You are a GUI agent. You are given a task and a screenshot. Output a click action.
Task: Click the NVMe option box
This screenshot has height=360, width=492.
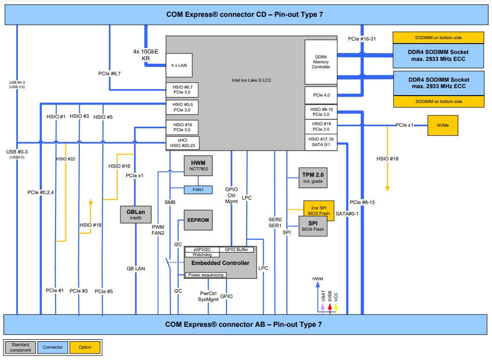[x=442, y=125]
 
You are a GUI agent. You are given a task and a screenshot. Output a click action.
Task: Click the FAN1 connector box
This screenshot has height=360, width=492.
[x=198, y=189]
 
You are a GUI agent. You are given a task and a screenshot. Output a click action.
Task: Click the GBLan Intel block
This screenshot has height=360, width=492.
[x=134, y=214]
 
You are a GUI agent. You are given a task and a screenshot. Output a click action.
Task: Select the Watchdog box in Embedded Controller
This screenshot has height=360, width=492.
[x=202, y=255]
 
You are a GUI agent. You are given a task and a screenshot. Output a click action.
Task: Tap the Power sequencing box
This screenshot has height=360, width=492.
[x=206, y=275]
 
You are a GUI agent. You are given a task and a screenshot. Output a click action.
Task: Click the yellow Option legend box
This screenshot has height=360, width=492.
[x=86, y=347]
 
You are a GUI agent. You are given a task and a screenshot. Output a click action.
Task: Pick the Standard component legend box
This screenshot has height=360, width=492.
[x=20, y=347]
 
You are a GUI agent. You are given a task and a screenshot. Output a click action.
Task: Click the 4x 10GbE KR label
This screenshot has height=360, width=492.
[x=146, y=54]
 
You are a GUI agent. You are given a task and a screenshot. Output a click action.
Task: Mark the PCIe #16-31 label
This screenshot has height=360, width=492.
[x=362, y=38]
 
